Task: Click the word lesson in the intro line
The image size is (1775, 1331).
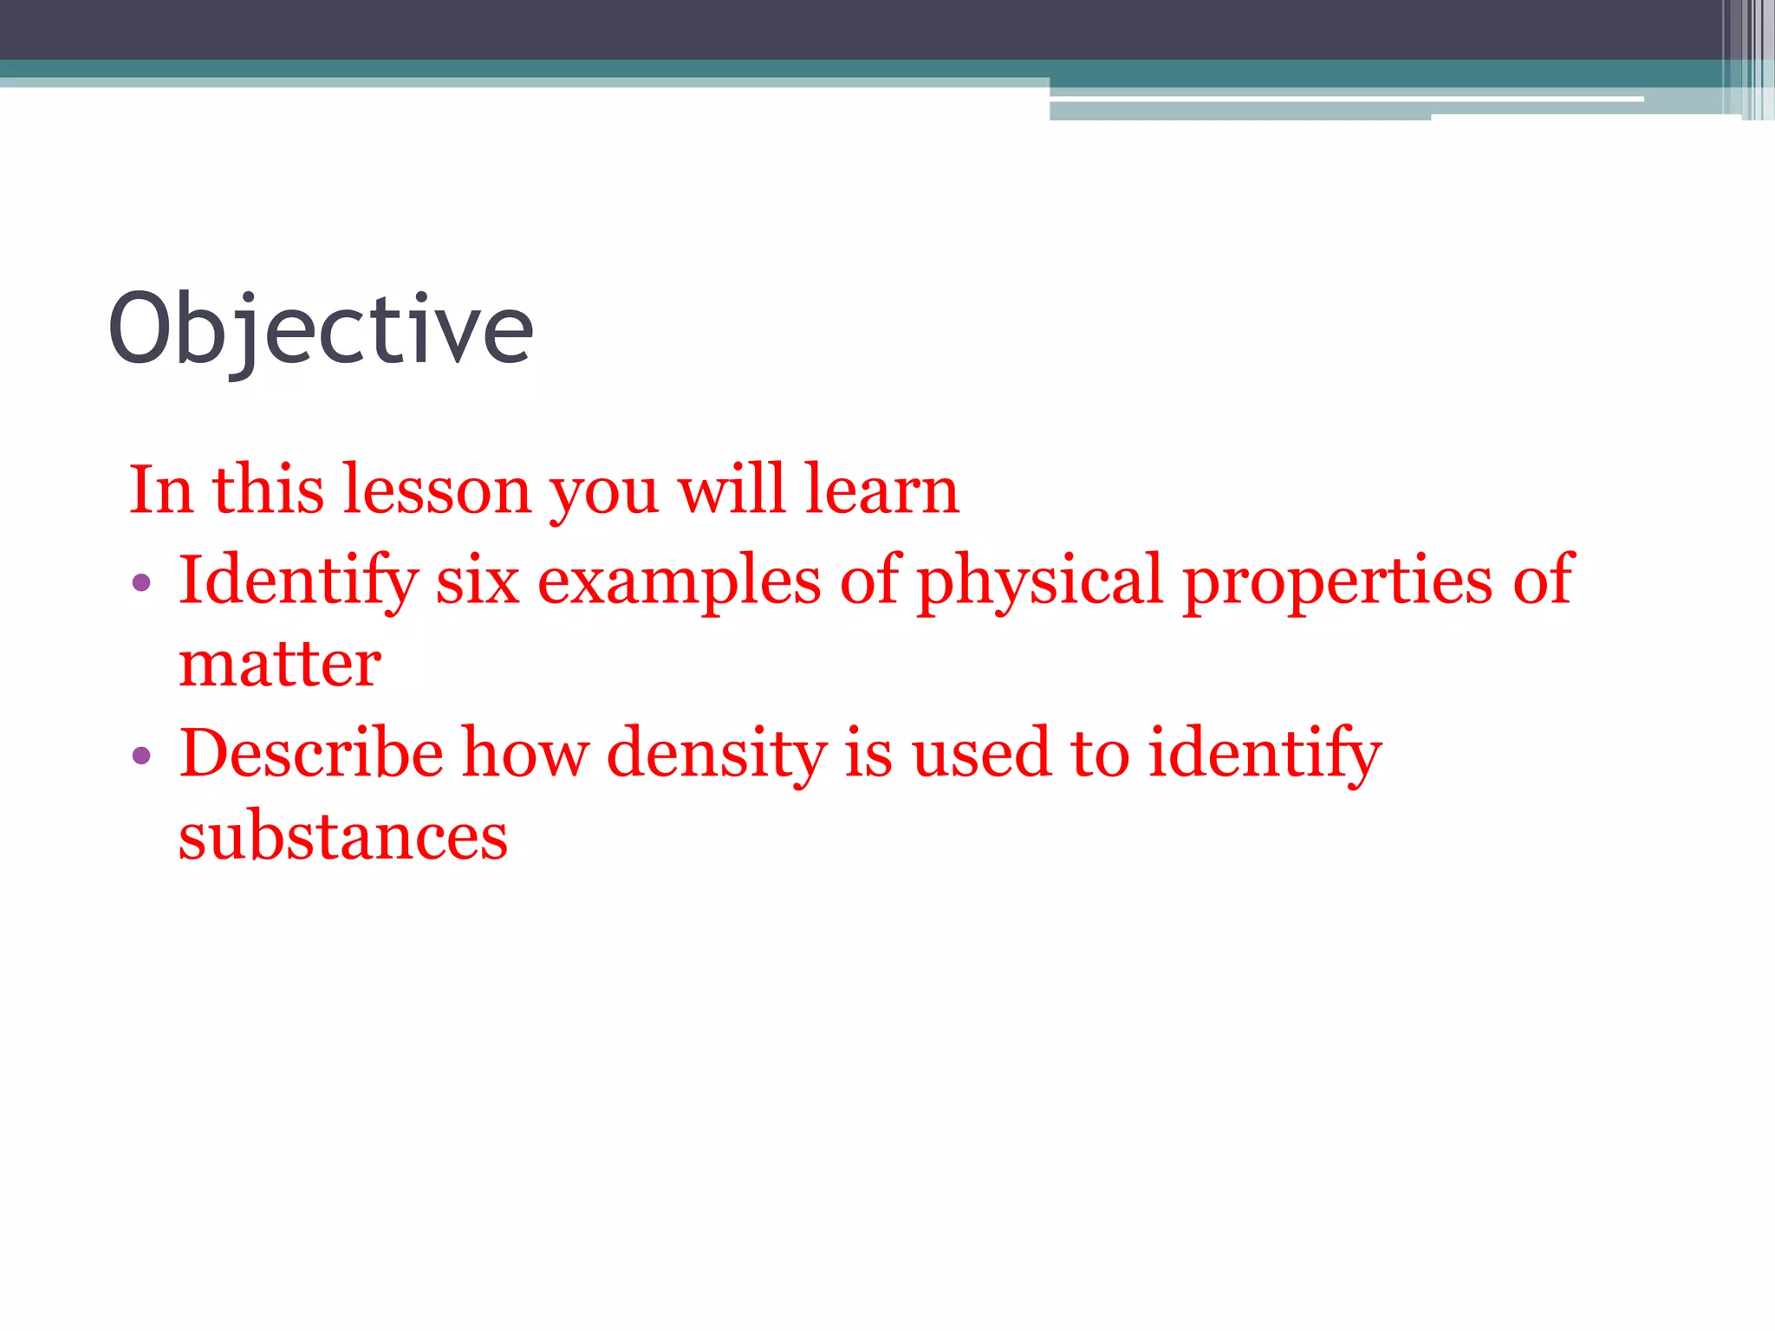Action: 437,490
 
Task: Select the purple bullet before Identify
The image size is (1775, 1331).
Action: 141,581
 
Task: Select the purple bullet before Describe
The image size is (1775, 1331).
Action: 141,755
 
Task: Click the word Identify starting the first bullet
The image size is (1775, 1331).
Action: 298,581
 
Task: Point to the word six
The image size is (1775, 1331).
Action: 477,581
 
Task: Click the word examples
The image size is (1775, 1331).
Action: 679,581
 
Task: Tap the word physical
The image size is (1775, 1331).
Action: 1039,581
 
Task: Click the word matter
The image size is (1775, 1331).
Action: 279,665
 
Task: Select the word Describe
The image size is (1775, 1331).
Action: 311,752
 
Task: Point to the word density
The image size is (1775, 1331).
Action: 717,752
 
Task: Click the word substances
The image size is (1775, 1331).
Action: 342,837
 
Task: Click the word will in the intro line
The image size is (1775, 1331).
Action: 731,490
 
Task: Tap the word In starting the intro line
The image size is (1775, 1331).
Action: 161,490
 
